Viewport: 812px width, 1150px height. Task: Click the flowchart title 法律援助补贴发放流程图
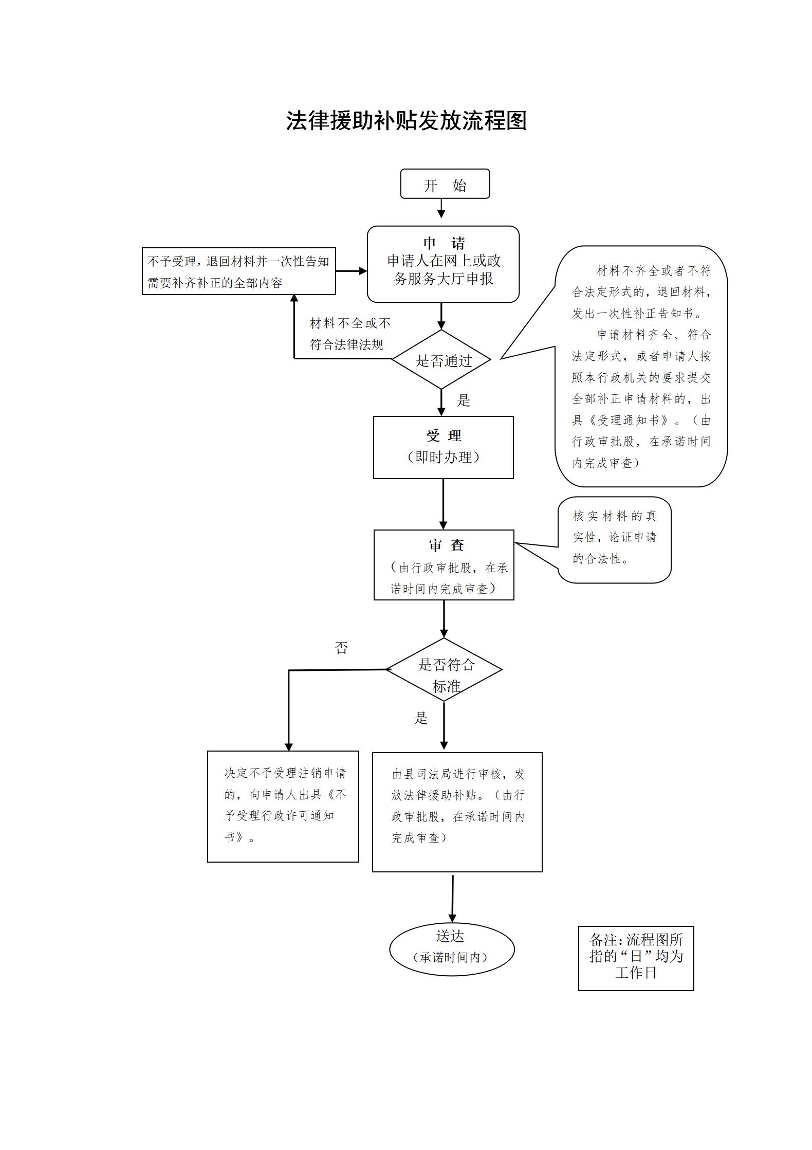(x=406, y=121)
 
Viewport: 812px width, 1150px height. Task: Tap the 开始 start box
(x=445, y=184)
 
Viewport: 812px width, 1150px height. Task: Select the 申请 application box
(x=443, y=264)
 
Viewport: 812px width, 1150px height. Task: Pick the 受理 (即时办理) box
(x=443, y=447)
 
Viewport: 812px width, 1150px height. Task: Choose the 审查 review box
(x=444, y=565)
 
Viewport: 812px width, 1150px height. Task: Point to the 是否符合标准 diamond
(x=445, y=670)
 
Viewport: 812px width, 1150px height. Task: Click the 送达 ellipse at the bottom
(x=452, y=950)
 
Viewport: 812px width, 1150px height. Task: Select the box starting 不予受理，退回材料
(x=238, y=271)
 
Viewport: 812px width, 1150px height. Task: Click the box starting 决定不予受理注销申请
(x=283, y=806)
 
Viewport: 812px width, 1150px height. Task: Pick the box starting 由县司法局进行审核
(x=457, y=812)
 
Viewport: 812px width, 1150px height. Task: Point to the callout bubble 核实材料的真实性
(x=615, y=540)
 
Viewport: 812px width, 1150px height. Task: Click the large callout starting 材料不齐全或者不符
(x=641, y=367)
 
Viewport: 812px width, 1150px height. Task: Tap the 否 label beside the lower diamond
(x=341, y=648)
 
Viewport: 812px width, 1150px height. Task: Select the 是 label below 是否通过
(x=464, y=400)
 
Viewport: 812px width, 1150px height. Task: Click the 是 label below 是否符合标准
(x=421, y=718)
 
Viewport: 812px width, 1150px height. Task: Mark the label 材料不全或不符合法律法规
(x=349, y=334)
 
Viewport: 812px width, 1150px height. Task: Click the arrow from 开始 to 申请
(x=441, y=208)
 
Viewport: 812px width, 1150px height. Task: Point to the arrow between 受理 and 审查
(x=443, y=504)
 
